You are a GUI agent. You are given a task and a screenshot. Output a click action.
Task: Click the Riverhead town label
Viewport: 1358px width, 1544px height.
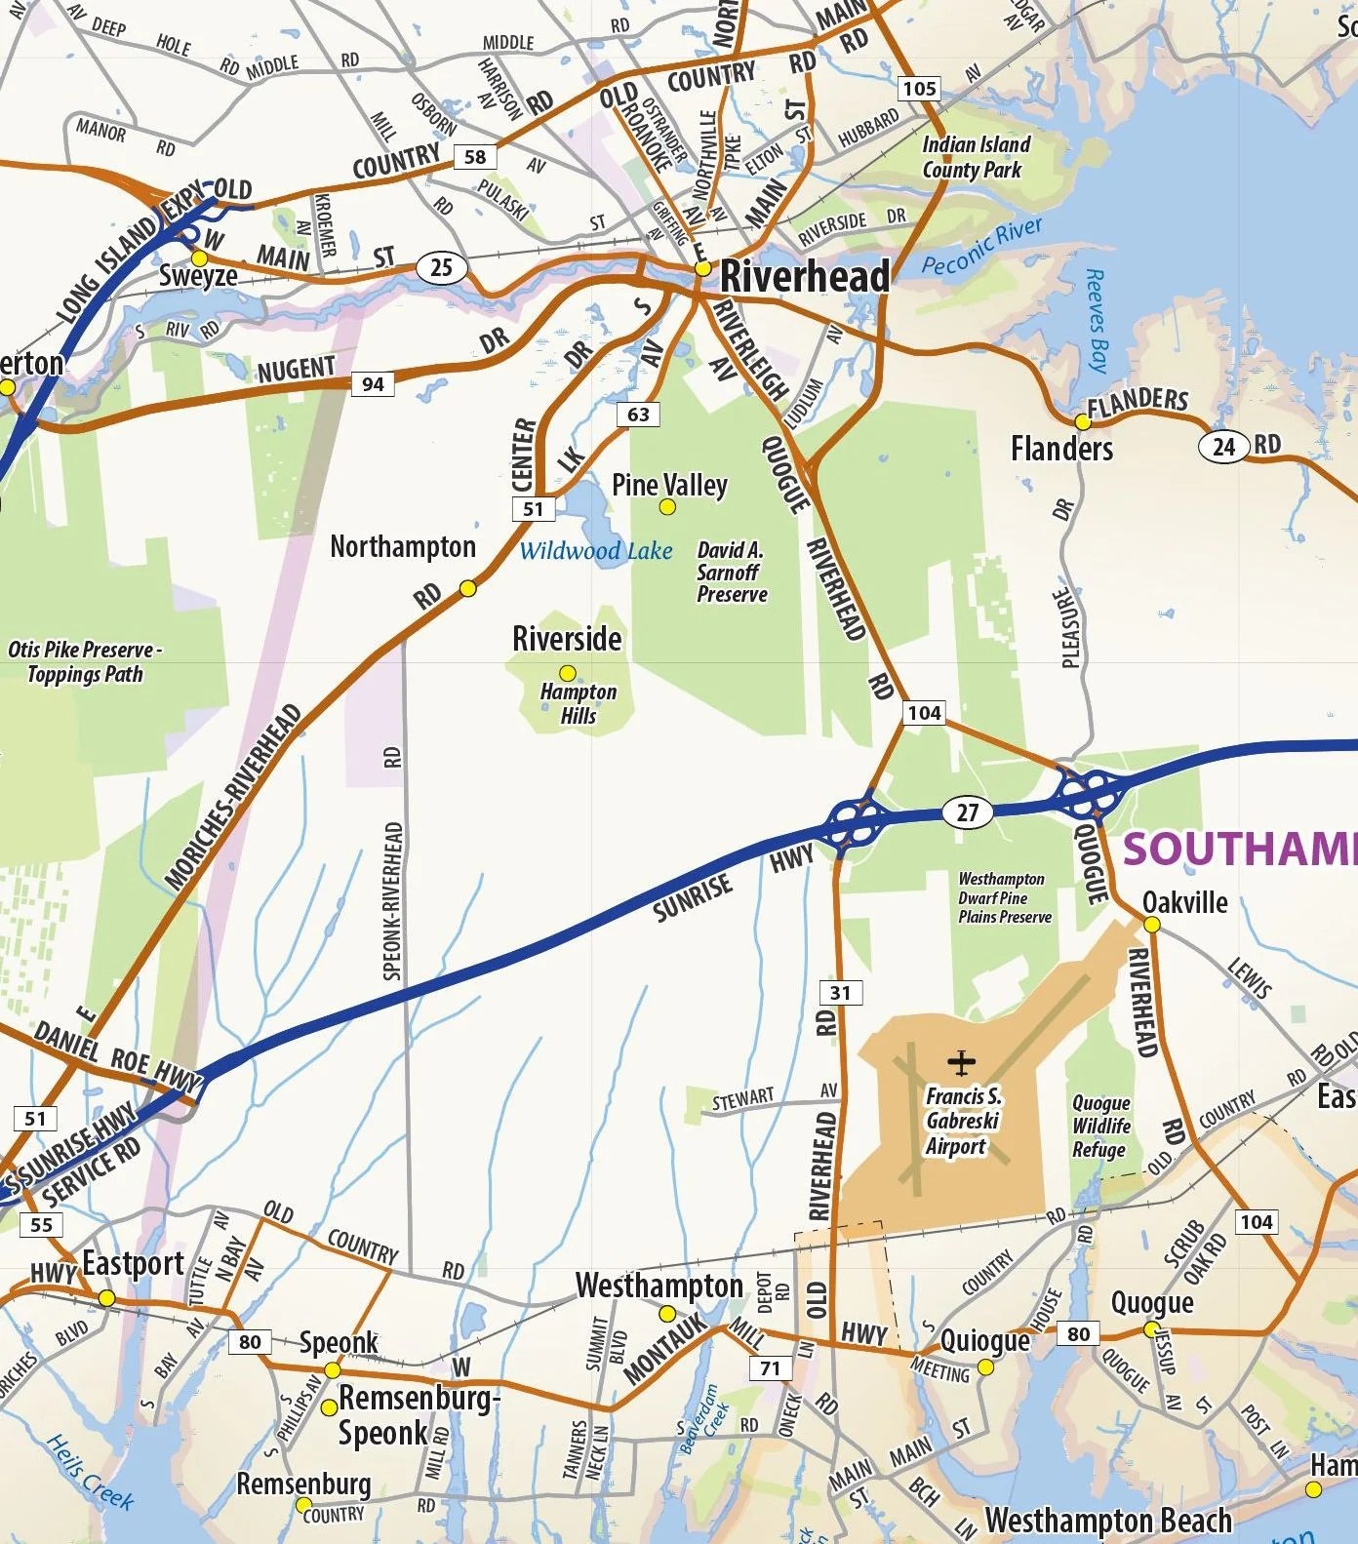pos(804,276)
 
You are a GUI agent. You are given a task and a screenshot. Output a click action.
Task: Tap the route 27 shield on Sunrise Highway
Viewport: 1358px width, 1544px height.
pos(967,812)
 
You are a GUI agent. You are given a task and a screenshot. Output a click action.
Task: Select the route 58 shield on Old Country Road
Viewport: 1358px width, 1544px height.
pos(475,156)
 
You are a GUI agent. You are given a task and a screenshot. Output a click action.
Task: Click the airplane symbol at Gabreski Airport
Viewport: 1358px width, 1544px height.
pos(961,1061)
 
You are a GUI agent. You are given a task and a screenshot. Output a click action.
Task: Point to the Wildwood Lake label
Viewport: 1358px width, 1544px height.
pos(595,551)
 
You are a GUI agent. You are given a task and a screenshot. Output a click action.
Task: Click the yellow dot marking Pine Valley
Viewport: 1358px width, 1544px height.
pos(667,506)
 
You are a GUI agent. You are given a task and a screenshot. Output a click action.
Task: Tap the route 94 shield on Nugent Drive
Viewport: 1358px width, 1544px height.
pos(373,383)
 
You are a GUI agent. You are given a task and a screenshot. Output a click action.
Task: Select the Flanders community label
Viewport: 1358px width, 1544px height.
pos(1061,449)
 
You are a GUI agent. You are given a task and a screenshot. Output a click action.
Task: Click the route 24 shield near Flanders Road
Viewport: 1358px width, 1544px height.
pos(1222,447)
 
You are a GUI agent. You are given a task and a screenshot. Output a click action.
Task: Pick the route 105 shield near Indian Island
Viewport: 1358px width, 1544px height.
pos(919,89)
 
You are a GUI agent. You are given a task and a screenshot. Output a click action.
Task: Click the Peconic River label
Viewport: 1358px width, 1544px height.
pos(981,248)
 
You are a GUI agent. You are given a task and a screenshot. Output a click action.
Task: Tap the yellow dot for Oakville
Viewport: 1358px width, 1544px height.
pos(1151,924)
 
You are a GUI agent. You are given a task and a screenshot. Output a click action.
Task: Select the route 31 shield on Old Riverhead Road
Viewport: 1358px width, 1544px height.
pos(840,993)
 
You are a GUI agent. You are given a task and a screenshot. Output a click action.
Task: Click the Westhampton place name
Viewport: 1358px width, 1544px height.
pos(659,1286)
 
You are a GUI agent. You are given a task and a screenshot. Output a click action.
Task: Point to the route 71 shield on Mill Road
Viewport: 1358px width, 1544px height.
pos(770,1367)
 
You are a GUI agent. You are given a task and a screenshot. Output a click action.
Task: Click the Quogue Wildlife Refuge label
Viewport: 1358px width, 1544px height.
pos(1101,1126)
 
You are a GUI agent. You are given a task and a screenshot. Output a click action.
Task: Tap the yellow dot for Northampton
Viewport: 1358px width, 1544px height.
pos(467,588)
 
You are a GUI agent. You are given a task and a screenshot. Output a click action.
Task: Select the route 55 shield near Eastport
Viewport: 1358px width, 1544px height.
pos(41,1224)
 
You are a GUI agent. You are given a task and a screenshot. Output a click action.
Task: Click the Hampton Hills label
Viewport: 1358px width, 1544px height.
pos(579,703)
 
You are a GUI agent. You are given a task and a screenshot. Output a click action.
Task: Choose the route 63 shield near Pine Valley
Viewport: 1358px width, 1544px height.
pos(638,415)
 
